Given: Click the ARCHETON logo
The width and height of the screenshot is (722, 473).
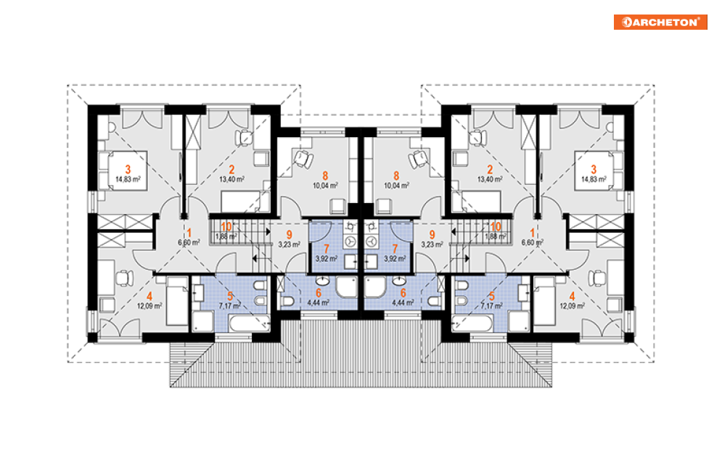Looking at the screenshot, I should pos(660,22).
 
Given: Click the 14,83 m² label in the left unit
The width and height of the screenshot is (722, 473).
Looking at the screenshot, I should pos(128,178).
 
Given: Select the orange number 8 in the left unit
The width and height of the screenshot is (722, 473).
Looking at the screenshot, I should pos(324,175).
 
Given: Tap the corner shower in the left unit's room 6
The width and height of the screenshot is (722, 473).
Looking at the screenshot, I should pos(348,288).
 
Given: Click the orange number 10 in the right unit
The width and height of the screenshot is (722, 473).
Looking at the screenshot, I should pos(496,226).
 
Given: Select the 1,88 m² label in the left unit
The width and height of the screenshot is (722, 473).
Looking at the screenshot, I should pos(226,235).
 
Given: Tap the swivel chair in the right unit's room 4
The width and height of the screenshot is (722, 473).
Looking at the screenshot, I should pos(596,277).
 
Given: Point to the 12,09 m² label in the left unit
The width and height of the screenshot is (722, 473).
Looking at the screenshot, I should pos(150,305).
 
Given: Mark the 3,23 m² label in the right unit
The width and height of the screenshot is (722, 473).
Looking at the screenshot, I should pos(433,244).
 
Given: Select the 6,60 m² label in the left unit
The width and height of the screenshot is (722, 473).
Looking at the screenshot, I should pos(190,244).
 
